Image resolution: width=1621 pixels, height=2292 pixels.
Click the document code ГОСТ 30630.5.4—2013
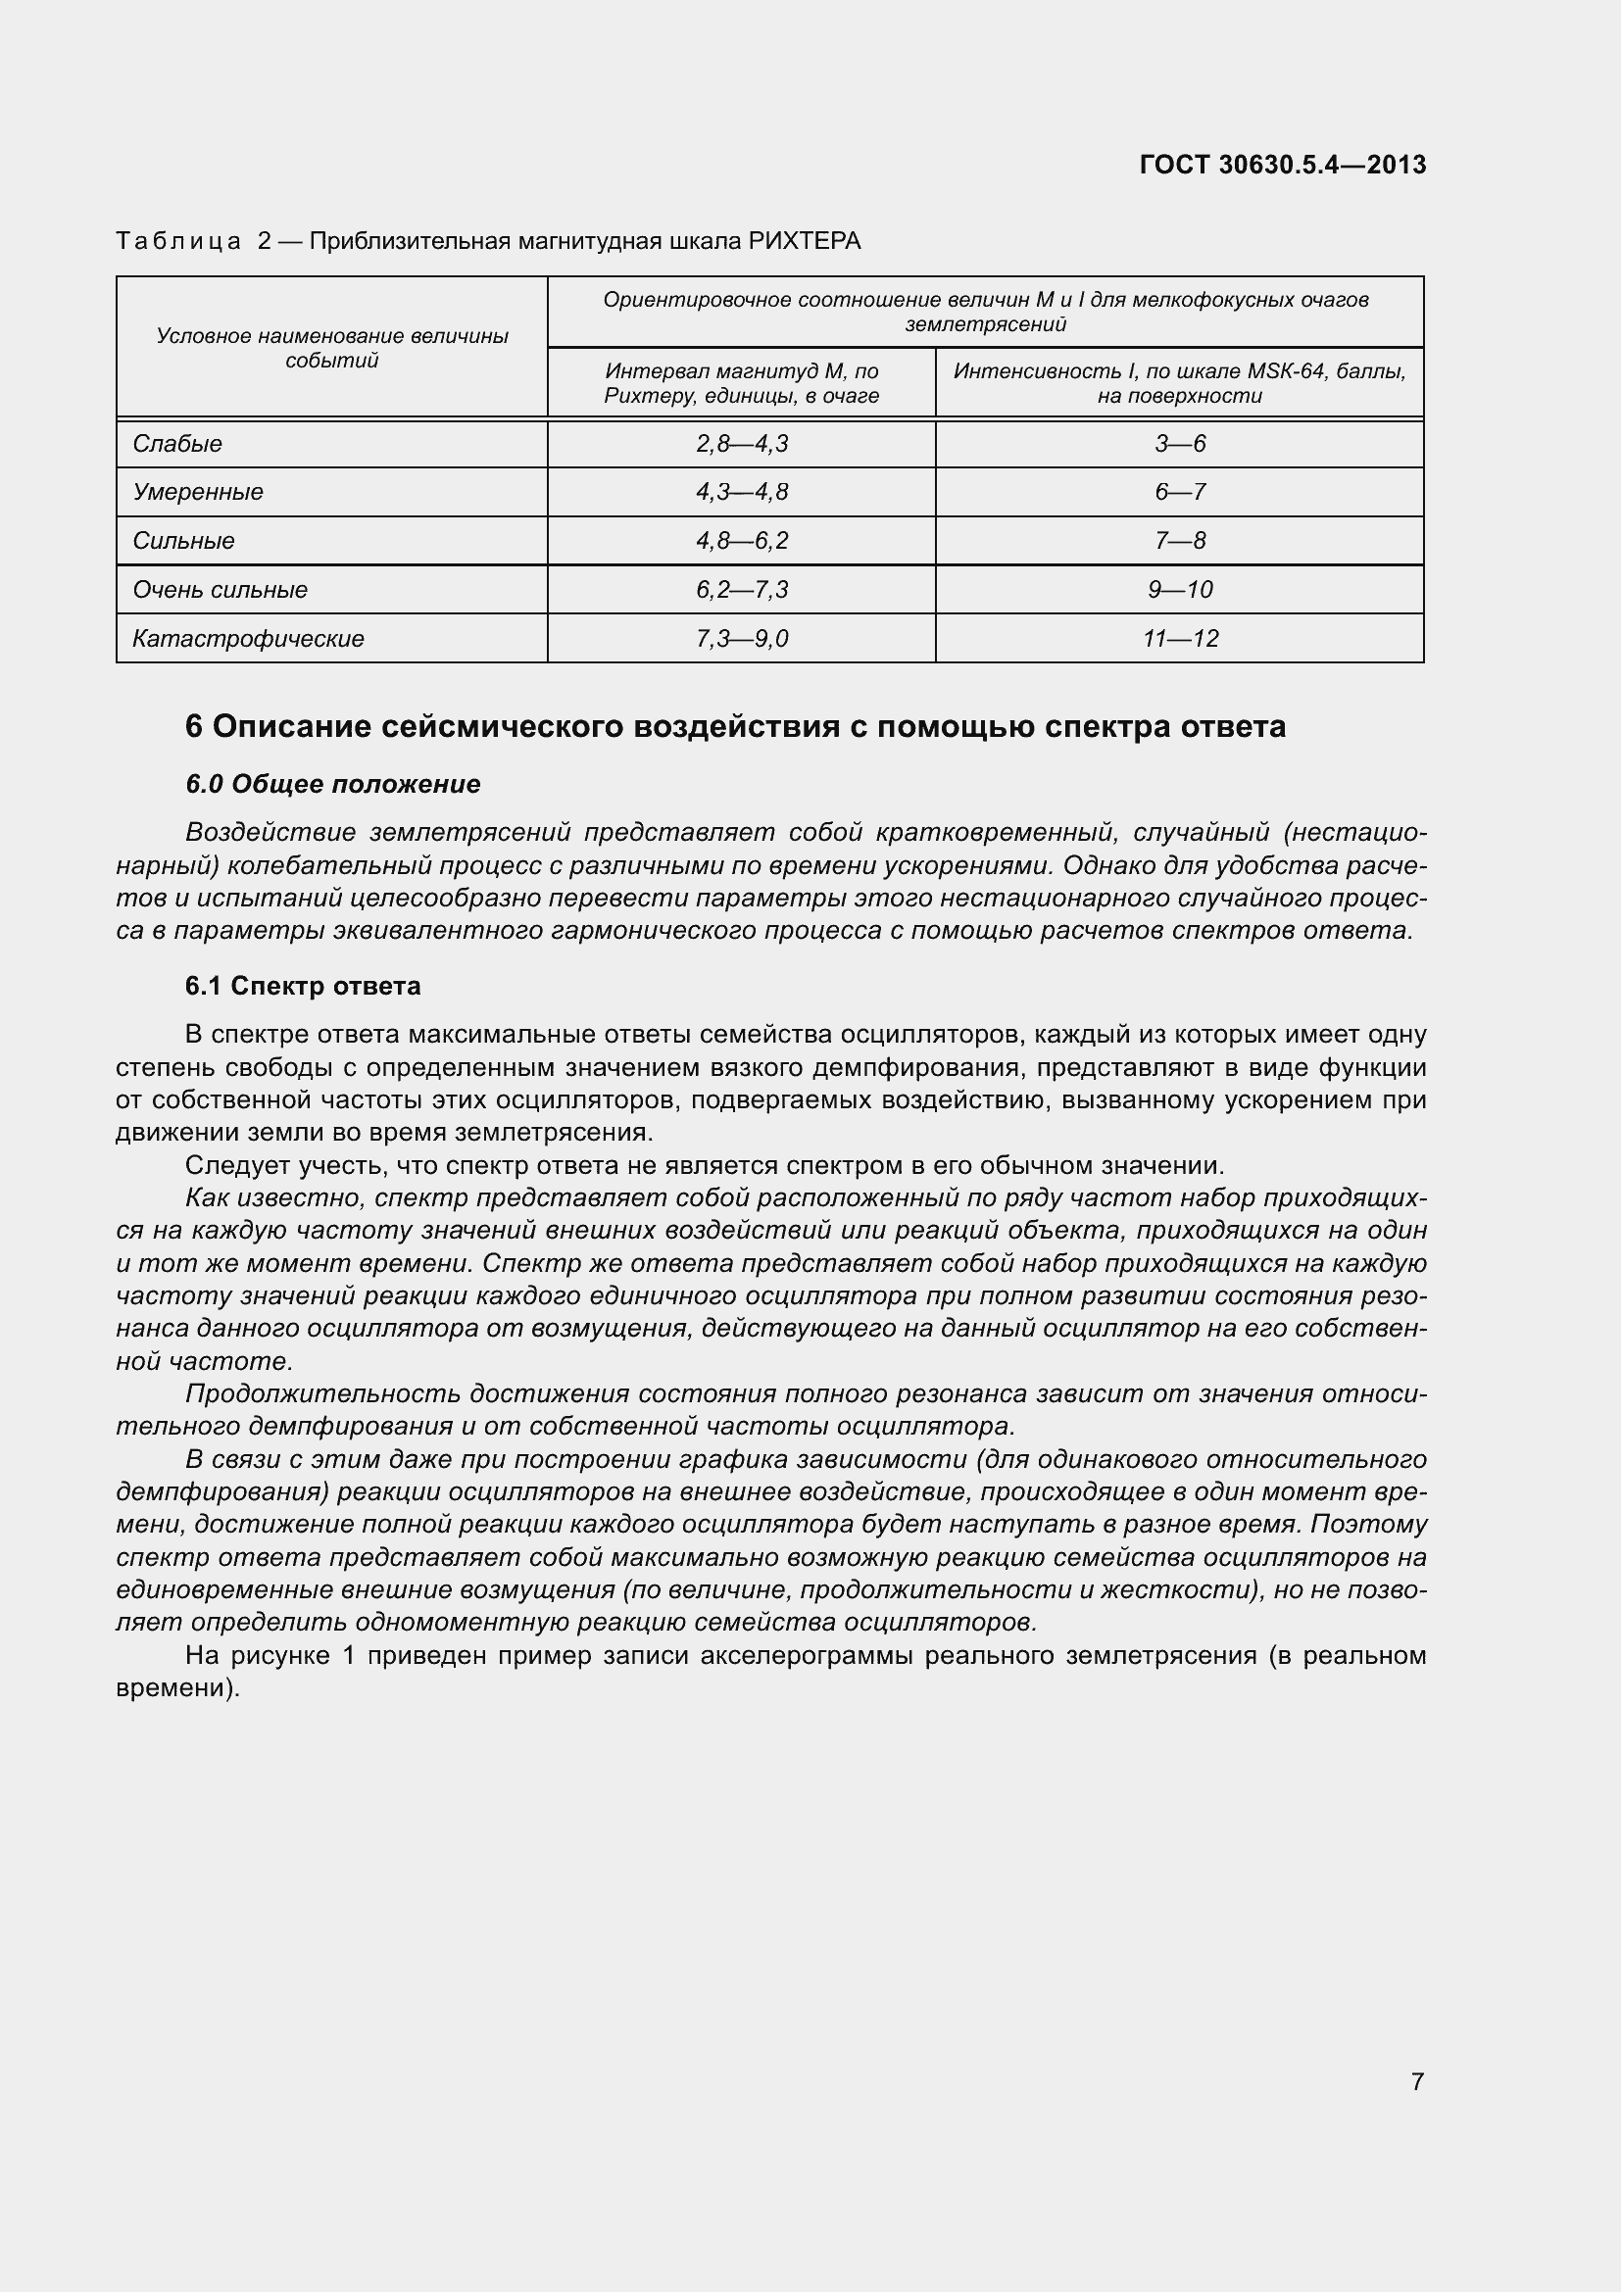point(1282,165)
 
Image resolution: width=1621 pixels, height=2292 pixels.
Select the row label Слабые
point(177,444)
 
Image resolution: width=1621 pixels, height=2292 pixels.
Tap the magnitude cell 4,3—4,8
point(742,492)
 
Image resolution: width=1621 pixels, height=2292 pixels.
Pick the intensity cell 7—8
point(1179,541)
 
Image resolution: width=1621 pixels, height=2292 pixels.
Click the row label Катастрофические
point(249,639)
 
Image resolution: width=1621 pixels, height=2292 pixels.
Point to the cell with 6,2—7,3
point(742,590)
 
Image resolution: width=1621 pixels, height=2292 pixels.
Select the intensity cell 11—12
point(1180,639)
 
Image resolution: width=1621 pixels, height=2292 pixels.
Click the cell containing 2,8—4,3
point(742,444)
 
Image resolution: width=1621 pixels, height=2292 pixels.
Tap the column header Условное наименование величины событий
point(331,349)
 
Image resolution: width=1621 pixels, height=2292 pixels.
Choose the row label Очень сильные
point(220,590)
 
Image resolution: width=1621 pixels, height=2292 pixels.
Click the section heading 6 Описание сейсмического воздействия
point(735,727)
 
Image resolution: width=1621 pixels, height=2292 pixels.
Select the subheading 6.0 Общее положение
point(332,785)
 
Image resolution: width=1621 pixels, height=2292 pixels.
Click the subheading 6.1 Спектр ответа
point(303,987)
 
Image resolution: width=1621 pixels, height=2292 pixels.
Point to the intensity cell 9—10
point(1179,590)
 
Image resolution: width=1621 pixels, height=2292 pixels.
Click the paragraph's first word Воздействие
point(270,833)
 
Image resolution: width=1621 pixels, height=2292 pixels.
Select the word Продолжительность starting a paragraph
point(321,1393)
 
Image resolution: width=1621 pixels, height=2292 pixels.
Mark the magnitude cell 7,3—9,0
point(742,639)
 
